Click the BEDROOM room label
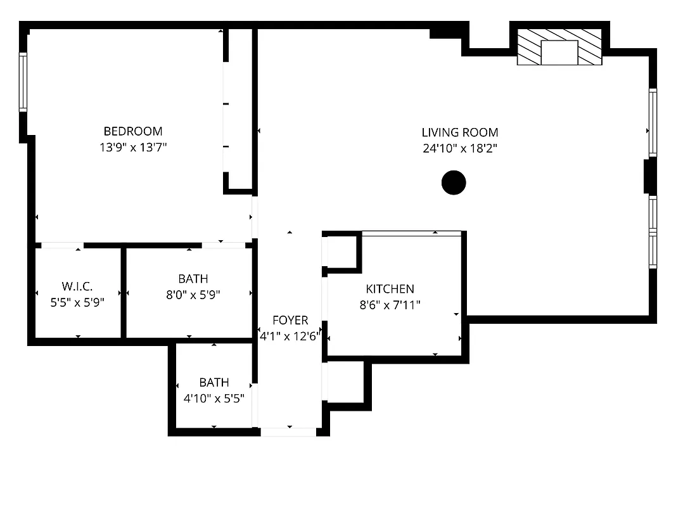[133, 131]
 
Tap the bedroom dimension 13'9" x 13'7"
[133, 148]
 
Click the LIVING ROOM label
[460, 132]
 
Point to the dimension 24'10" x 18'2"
[460, 149]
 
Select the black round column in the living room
[454, 183]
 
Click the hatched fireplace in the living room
[527, 47]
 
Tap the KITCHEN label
[390, 289]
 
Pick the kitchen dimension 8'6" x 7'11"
[390, 305]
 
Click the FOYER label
[290, 320]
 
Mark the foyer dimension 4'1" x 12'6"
[290, 337]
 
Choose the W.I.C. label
[77, 286]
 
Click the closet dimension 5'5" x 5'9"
[77, 303]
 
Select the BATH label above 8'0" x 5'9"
[193, 278]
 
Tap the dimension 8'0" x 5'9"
[193, 295]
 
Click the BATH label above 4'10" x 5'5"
[214, 382]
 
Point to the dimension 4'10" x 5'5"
[214, 399]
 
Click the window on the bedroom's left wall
[23, 82]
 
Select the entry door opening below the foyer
[288, 432]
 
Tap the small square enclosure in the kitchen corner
[343, 252]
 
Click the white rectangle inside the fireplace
[559, 52]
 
